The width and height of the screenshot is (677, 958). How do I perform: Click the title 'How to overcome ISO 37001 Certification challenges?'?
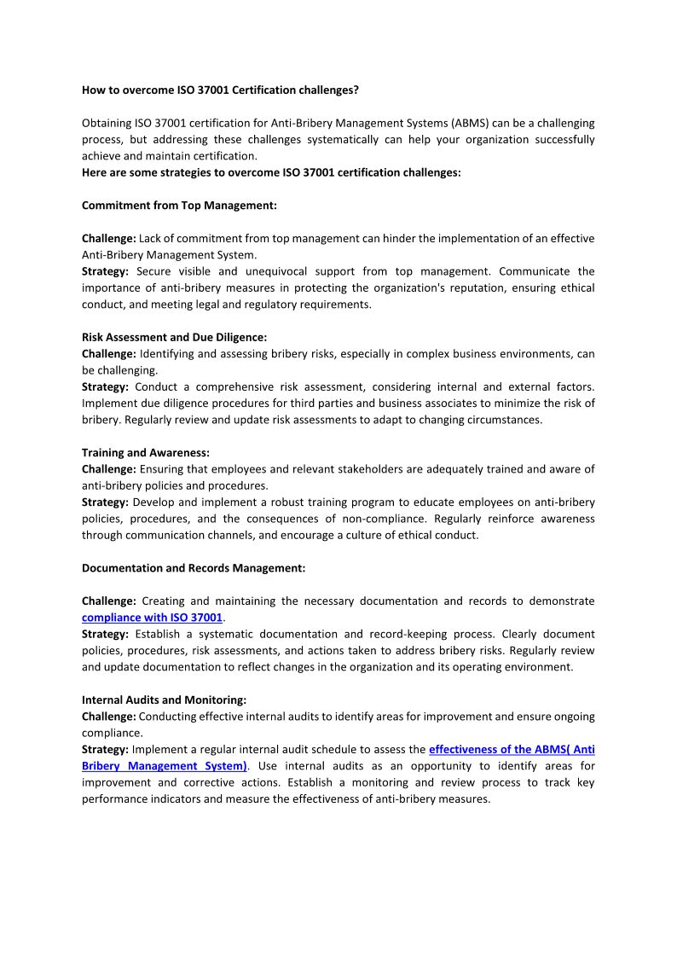pos(220,90)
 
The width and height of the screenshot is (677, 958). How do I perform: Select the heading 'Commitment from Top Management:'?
pos(179,206)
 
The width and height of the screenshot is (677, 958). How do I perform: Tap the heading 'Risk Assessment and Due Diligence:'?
pos(174,337)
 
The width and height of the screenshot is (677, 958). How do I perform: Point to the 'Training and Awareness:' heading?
pos(146,453)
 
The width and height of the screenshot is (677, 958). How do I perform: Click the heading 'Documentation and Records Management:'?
pos(194,568)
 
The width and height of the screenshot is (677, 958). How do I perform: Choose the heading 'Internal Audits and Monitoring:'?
pos(164,700)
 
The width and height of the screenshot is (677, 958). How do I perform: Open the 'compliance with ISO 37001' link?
pos(152,618)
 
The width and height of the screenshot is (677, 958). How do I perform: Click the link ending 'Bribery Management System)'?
pos(165,766)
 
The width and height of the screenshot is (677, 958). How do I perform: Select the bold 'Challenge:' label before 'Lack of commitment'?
pos(108,238)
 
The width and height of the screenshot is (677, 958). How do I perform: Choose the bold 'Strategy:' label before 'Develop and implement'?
pos(105,502)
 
